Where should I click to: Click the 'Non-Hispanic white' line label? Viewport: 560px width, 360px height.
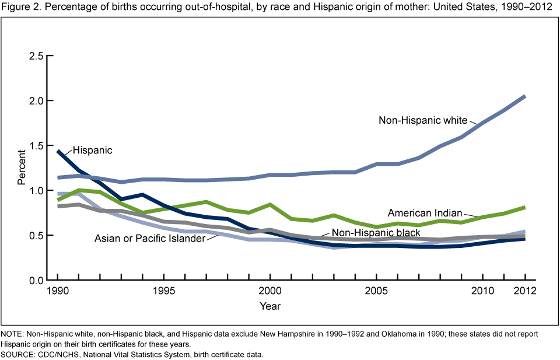[423, 121]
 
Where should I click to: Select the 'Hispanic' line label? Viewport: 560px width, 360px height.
[92, 151]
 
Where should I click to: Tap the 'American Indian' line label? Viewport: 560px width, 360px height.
[425, 212]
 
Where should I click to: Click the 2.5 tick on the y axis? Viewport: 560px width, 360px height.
[36, 56]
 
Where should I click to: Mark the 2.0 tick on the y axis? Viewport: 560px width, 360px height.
[36, 101]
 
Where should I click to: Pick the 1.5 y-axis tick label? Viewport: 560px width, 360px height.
[36, 146]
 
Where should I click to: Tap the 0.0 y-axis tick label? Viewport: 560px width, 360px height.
[36, 281]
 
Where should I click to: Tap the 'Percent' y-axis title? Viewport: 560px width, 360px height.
[22, 168]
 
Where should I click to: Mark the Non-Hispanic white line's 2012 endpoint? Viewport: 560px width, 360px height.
[524, 96]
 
